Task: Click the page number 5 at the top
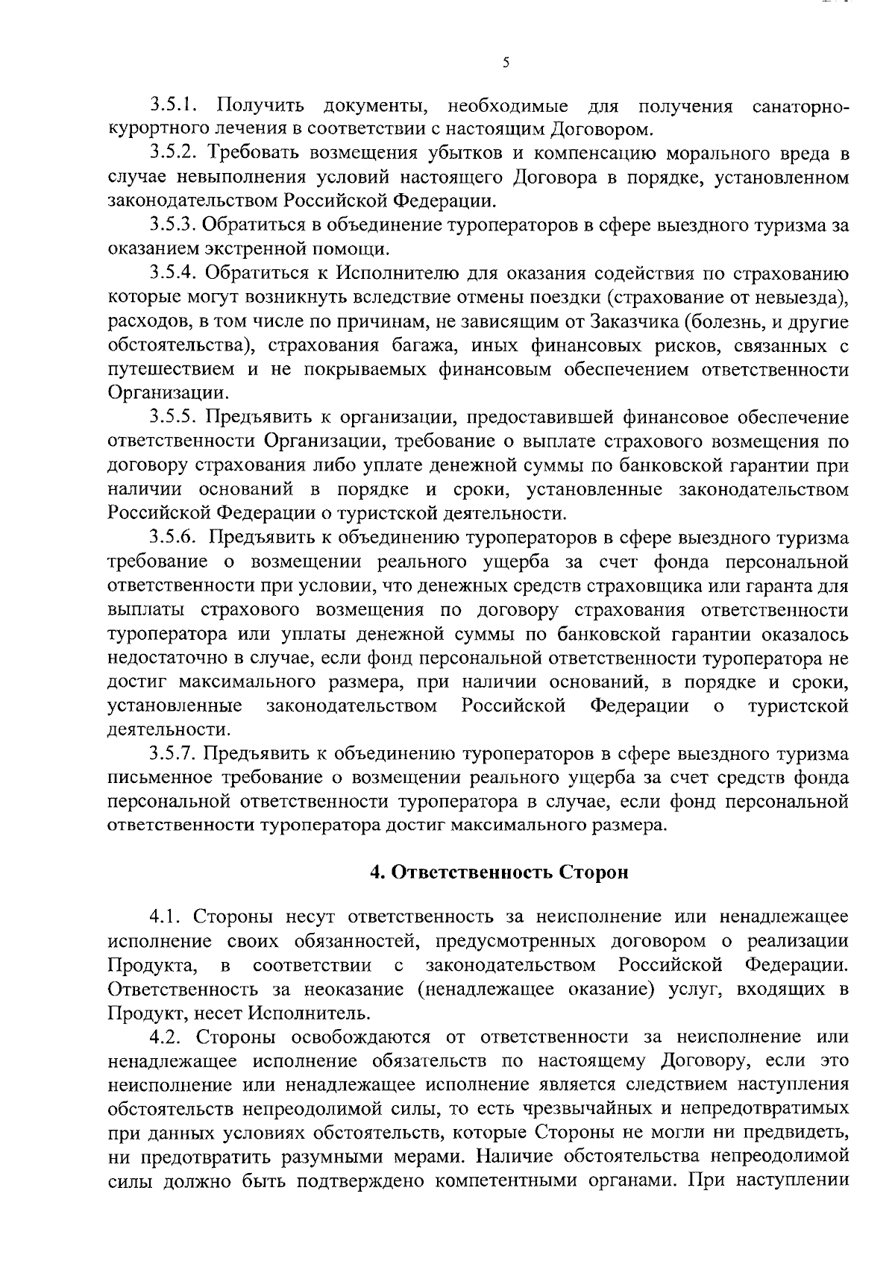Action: click(x=506, y=63)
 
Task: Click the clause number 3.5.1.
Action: click(x=172, y=106)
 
